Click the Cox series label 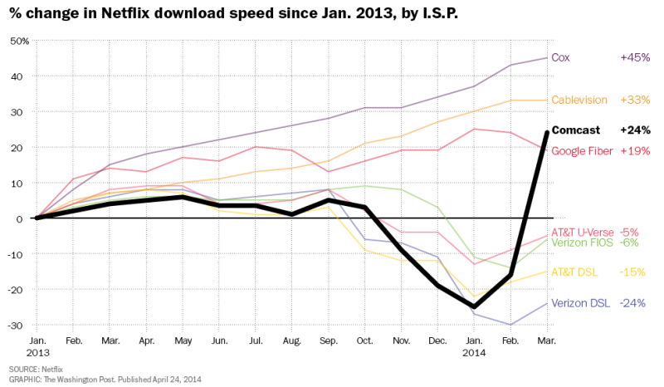tap(563, 58)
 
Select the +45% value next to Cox tap(635, 58)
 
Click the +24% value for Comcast tap(635, 130)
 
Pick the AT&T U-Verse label tap(583, 232)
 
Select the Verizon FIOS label tap(583, 242)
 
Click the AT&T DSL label tap(574, 272)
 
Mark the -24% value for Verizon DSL tap(633, 303)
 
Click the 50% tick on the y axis tap(20, 41)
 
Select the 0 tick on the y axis tap(26, 218)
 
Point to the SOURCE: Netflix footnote tap(36, 368)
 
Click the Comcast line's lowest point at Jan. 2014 tap(476, 306)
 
